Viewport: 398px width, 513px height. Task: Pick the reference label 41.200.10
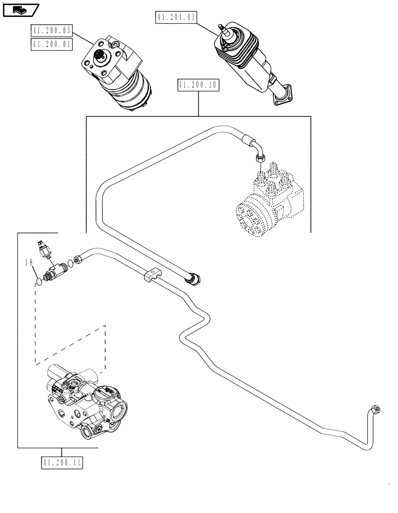tap(197, 85)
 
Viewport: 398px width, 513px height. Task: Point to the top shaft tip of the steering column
tap(222, 27)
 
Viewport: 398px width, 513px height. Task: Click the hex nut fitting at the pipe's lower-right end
tap(376, 409)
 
